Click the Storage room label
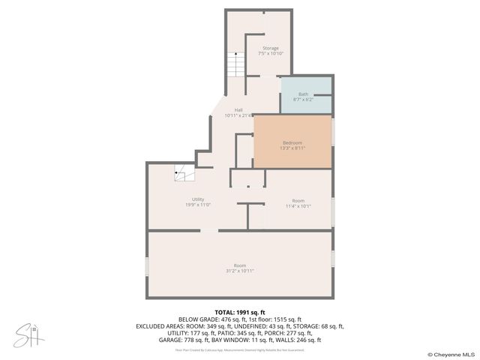[270, 48]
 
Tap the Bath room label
[303, 94]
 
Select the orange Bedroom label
[292, 142]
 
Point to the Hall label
[238, 109]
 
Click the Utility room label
[198, 199]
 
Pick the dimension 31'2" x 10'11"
[240, 271]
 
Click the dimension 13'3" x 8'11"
[292, 148]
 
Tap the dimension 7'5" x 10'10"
[270, 53]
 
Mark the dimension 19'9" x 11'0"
[198, 204]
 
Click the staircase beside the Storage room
[235, 64]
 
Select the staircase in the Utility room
[184, 174]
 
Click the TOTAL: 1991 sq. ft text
[239, 312]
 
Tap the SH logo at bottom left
[29, 334]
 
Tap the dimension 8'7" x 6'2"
[303, 99]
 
